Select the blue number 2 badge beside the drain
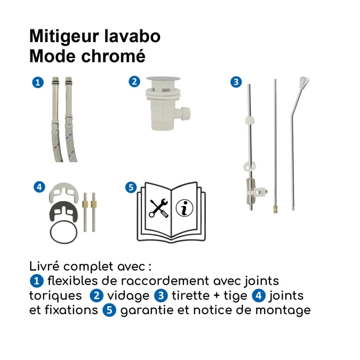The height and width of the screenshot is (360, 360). point(134,82)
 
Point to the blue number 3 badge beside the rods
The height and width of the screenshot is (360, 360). point(236,82)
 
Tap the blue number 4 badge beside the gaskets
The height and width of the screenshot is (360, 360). point(38,187)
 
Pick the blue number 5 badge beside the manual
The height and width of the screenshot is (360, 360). point(130,187)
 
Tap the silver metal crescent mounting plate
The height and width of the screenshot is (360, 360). point(63,193)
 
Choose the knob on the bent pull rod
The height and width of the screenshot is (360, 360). point(303,83)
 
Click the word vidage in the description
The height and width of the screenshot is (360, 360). point(128,295)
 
